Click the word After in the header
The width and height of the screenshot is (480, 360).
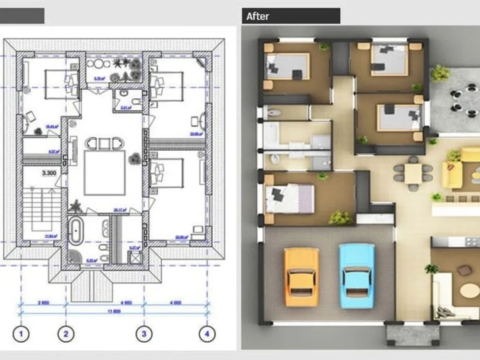coord(258,16)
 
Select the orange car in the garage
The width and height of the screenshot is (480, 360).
coord(301,276)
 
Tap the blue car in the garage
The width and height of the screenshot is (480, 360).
coord(357,275)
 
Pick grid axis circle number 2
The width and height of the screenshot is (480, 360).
coord(66,333)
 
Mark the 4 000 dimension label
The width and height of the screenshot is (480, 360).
coord(175,303)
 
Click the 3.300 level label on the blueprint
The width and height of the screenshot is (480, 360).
coord(49,173)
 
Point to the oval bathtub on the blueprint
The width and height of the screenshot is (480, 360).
coord(75,230)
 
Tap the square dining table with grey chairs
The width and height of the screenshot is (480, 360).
coord(413,173)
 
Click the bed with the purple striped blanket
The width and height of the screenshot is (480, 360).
coord(290,198)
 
